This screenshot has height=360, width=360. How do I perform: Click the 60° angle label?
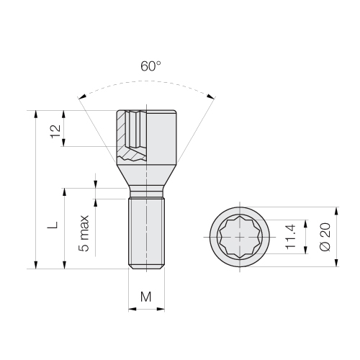coord(150,66)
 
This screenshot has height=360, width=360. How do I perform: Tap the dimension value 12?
coord(55,131)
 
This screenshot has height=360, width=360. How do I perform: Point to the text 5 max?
coord(84,233)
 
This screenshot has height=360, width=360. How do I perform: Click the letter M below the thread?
coord(146,297)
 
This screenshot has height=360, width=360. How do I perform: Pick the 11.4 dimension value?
coord(290,237)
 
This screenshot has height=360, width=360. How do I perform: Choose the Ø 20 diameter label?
coord(325,237)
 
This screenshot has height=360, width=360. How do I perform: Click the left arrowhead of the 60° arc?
coord(82,96)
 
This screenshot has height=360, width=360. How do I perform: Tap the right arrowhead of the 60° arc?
coord(211,96)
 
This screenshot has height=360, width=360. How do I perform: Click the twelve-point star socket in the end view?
coord(240,237)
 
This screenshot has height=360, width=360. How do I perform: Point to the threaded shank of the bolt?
coord(146,233)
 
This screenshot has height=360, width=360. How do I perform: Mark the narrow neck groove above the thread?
coord(146,193)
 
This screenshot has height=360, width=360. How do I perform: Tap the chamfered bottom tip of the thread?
coord(146,266)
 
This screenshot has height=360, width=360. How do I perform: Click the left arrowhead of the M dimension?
coord(132,309)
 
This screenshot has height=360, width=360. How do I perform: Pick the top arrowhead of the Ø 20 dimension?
coord(336,211)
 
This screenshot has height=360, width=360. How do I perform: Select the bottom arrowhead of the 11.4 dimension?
coord(305,250)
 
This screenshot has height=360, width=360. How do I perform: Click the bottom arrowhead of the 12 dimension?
coord(63,143)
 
